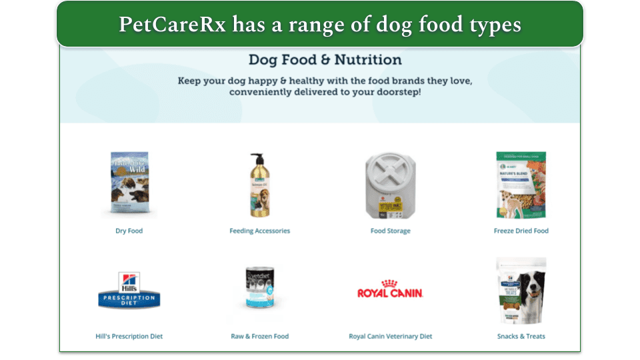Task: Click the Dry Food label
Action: coord(129,231)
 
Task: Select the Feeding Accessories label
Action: coord(259,231)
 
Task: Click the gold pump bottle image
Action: coord(259,185)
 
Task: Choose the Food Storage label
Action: coord(391,231)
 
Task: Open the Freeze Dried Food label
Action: coord(521,231)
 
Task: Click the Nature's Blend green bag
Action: coord(521,185)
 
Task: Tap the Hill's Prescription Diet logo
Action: coord(129,291)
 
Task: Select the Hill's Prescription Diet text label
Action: coord(129,336)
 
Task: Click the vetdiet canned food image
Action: coord(259,293)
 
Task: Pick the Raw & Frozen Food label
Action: coord(259,336)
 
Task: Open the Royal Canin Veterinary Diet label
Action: coord(391,336)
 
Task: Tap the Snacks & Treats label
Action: coord(521,336)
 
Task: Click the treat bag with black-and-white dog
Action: coord(521,291)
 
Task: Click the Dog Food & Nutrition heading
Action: coord(325,60)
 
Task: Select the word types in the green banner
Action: coord(494,25)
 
